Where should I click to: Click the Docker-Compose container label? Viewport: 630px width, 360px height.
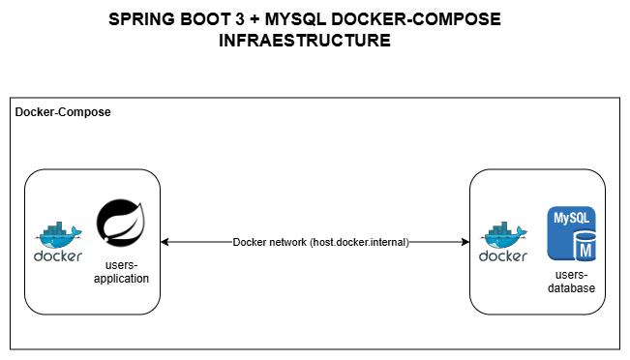click(x=63, y=112)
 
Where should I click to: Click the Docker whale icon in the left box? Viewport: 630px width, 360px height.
click(x=57, y=233)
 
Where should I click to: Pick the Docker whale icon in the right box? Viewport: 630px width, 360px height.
click(x=503, y=233)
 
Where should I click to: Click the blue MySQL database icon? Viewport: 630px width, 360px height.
click(x=571, y=232)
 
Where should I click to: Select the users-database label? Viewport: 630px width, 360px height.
click(x=571, y=282)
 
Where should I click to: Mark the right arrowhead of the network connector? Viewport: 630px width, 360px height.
click(x=464, y=242)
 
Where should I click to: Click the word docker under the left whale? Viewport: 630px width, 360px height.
click(x=58, y=256)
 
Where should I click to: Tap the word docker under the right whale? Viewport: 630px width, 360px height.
click(x=503, y=256)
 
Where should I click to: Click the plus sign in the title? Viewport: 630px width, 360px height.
click(x=258, y=19)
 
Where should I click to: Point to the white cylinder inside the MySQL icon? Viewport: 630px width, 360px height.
click(x=584, y=250)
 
